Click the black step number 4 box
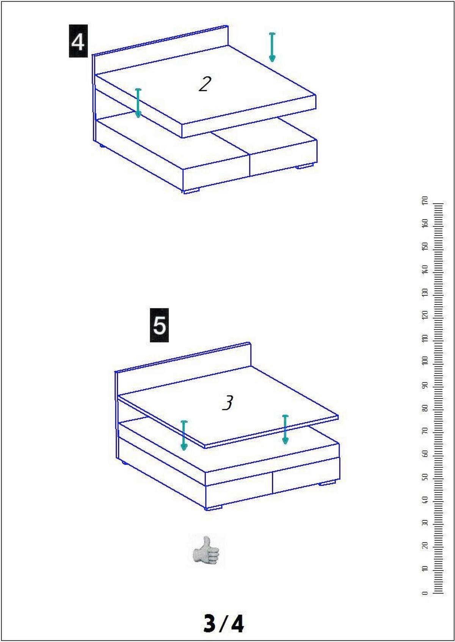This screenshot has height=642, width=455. [78, 41]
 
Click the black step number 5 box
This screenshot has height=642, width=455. [159, 325]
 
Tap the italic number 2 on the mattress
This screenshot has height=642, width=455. [205, 84]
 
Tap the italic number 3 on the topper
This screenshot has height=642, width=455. [228, 403]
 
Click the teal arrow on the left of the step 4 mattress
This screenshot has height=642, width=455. [138, 103]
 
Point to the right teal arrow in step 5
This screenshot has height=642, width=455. [285, 430]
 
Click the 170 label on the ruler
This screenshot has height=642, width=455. [425, 200]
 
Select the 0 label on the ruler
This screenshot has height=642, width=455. [425, 593]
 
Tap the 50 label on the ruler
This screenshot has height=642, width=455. [425, 477]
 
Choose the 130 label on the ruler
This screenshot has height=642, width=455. [425, 292]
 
